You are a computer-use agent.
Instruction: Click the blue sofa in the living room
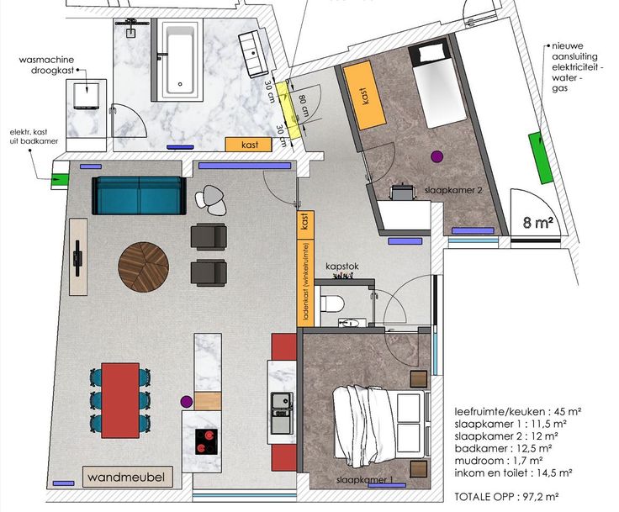pyautogui.click(x=139, y=195)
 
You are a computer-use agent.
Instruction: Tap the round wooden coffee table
pyautogui.click(x=144, y=267)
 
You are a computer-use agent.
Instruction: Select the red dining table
pyautogui.click(x=120, y=400)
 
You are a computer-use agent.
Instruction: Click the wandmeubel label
pyautogui.click(x=126, y=477)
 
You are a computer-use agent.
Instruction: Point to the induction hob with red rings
pyautogui.click(x=206, y=441)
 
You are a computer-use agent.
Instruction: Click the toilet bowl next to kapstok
pyautogui.click(x=331, y=304)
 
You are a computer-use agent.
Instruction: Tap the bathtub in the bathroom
pyautogui.click(x=180, y=59)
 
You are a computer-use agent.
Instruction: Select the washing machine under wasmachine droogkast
pyautogui.click(x=86, y=96)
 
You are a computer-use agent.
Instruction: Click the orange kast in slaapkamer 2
pyautogui.click(x=364, y=95)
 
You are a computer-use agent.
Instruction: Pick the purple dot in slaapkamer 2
pyautogui.click(x=437, y=156)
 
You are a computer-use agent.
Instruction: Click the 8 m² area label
pyautogui.click(x=537, y=222)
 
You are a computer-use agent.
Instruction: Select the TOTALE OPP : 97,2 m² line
pyautogui.click(x=506, y=497)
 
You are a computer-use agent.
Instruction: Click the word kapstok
pyautogui.click(x=342, y=267)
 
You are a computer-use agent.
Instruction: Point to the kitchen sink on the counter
pyautogui.click(x=283, y=401)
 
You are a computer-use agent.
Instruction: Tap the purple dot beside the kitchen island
pyautogui.click(x=187, y=402)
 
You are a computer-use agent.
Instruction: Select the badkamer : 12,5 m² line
pyautogui.click(x=503, y=448)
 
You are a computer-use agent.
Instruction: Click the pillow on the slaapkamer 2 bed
pyautogui.click(x=432, y=52)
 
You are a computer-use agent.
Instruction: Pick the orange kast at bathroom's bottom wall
pyautogui.click(x=249, y=145)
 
